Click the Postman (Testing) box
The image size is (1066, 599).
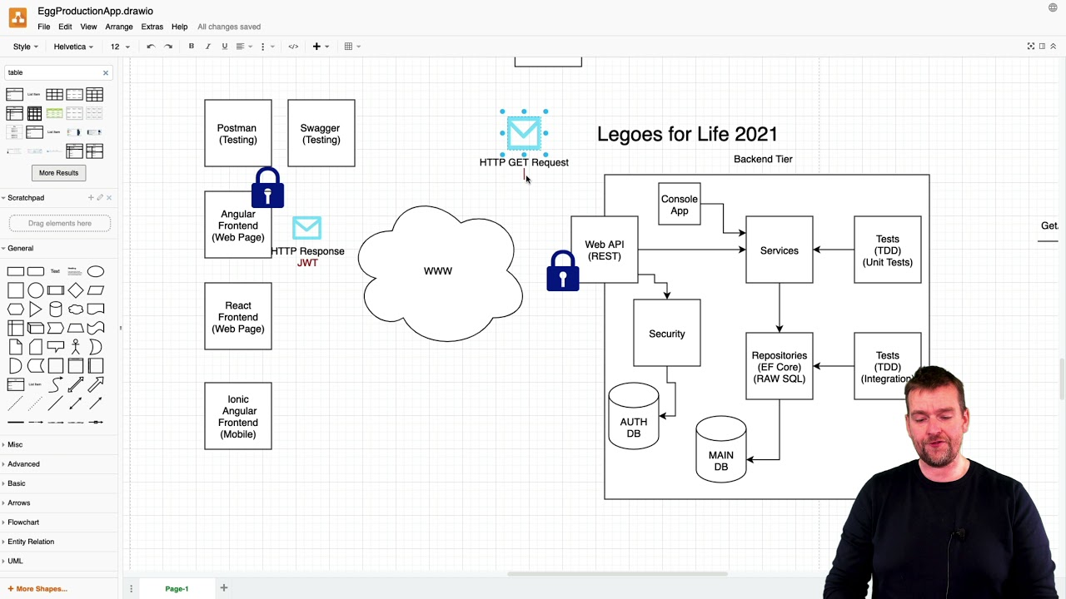click(237, 134)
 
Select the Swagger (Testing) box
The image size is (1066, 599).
click(321, 134)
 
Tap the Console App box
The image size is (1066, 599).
click(679, 205)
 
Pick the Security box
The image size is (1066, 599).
click(666, 334)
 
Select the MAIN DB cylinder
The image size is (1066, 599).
click(720, 453)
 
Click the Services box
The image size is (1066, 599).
click(779, 250)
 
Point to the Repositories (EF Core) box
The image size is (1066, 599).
click(779, 367)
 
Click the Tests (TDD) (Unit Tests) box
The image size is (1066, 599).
click(887, 250)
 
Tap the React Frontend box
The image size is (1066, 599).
click(237, 317)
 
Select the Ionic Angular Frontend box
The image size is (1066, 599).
click(237, 417)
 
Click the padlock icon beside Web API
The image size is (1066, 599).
click(563, 272)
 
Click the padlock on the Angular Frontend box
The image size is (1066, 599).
click(267, 189)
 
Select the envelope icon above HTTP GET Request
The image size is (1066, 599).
click(524, 131)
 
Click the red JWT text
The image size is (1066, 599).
click(307, 263)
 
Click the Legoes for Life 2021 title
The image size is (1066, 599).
click(687, 134)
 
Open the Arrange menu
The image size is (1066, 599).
click(119, 27)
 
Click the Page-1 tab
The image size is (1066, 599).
click(177, 589)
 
